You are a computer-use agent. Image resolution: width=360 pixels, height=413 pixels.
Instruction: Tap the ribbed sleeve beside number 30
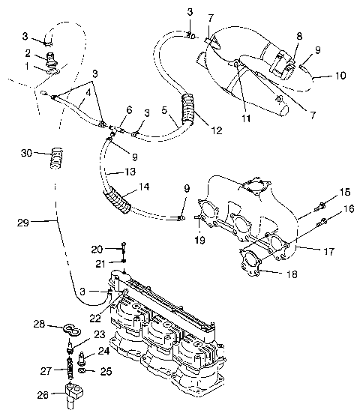pos(53,159)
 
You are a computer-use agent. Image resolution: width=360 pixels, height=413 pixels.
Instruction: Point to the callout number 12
pos(216,130)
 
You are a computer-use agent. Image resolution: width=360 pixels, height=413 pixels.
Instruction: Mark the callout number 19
pos(200,240)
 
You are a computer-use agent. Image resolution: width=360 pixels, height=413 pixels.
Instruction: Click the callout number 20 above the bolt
pos(97,249)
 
